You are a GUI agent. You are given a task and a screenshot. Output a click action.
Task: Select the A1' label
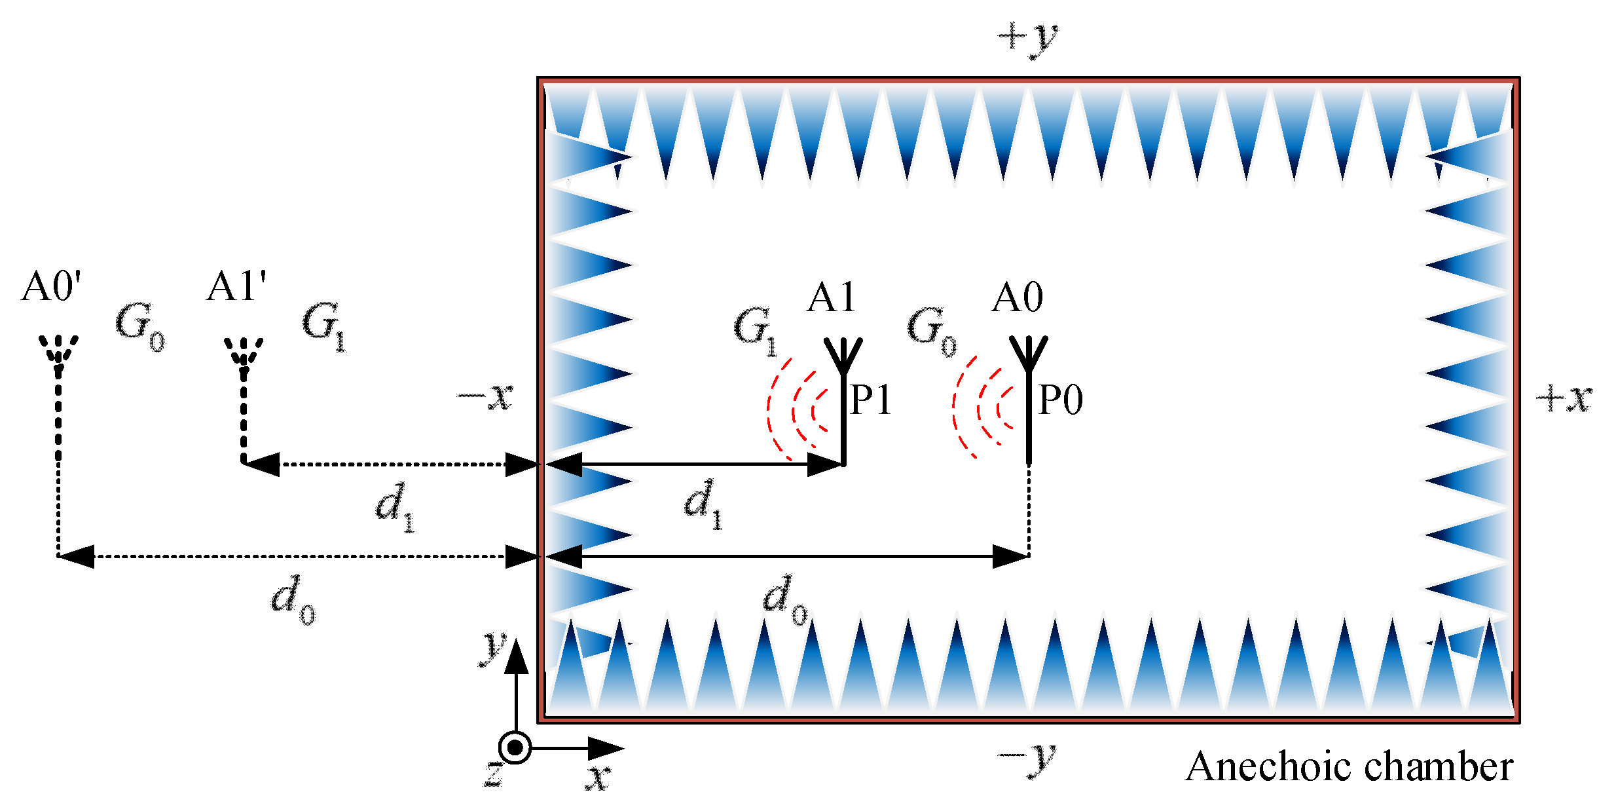tap(236, 287)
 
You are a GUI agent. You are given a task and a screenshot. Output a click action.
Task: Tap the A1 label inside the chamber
tap(831, 298)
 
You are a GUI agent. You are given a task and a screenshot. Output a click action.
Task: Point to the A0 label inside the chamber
tap(1016, 298)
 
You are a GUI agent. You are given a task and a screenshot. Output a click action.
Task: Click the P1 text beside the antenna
tap(870, 400)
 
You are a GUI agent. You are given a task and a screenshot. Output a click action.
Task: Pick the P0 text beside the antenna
tap(1060, 400)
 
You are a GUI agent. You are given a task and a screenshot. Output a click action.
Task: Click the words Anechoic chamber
tap(1349, 766)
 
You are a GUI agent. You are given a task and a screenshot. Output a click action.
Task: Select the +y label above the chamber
tap(1027, 38)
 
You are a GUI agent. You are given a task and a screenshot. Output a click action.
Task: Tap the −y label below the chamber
tap(1027, 759)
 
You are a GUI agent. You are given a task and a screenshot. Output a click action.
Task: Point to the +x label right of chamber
tap(1564, 398)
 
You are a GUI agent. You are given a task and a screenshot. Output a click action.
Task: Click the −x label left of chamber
tap(485, 396)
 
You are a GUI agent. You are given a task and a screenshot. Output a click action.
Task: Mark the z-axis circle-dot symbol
tap(515, 747)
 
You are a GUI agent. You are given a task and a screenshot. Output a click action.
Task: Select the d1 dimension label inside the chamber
tap(703, 503)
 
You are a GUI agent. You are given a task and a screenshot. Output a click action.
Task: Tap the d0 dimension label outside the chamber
tap(293, 599)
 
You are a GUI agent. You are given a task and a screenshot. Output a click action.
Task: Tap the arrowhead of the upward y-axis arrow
tap(517, 655)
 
